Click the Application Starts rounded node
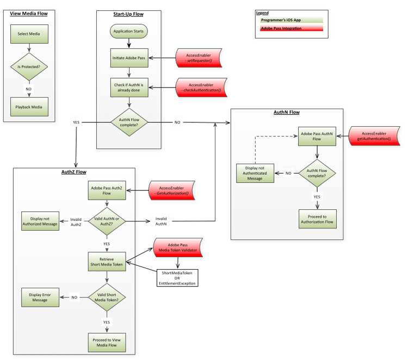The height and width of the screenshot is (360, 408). [x=128, y=32]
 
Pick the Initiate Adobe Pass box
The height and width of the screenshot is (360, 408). [x=128, y=58]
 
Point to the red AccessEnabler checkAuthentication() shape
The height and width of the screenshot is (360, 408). [x=200, y=88]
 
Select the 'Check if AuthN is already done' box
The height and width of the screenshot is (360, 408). [x=128, y=88]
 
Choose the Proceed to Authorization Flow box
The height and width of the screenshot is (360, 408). [x=317, y=220]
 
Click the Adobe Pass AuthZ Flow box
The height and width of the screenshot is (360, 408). [x=107, y=190]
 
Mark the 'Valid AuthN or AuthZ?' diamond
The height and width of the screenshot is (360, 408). [x=107, y=220]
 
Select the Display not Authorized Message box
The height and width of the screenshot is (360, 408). [x=39, y=220]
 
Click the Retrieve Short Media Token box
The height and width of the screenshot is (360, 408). [x=107, y=261]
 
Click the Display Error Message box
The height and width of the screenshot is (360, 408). [x=39, y=297]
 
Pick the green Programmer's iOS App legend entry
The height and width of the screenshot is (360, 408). [x=291, y=20]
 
